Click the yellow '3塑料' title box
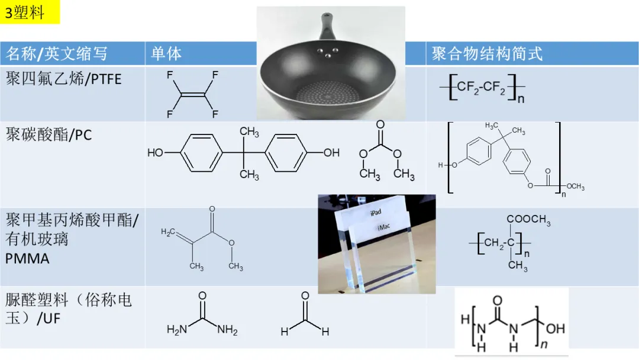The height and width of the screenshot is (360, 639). pos(30,12)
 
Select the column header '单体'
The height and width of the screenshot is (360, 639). pos(166,54)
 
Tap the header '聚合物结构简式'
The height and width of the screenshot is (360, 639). pos(486,54)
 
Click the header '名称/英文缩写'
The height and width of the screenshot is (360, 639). pos(57,54)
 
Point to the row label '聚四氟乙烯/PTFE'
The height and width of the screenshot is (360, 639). pos(64,78)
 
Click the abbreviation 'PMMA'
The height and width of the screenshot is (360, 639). pos(28,259)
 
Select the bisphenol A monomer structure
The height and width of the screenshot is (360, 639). pos(243,153)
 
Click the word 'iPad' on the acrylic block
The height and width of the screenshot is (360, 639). pos(377,212)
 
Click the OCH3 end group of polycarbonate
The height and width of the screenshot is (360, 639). pos(573,187)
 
